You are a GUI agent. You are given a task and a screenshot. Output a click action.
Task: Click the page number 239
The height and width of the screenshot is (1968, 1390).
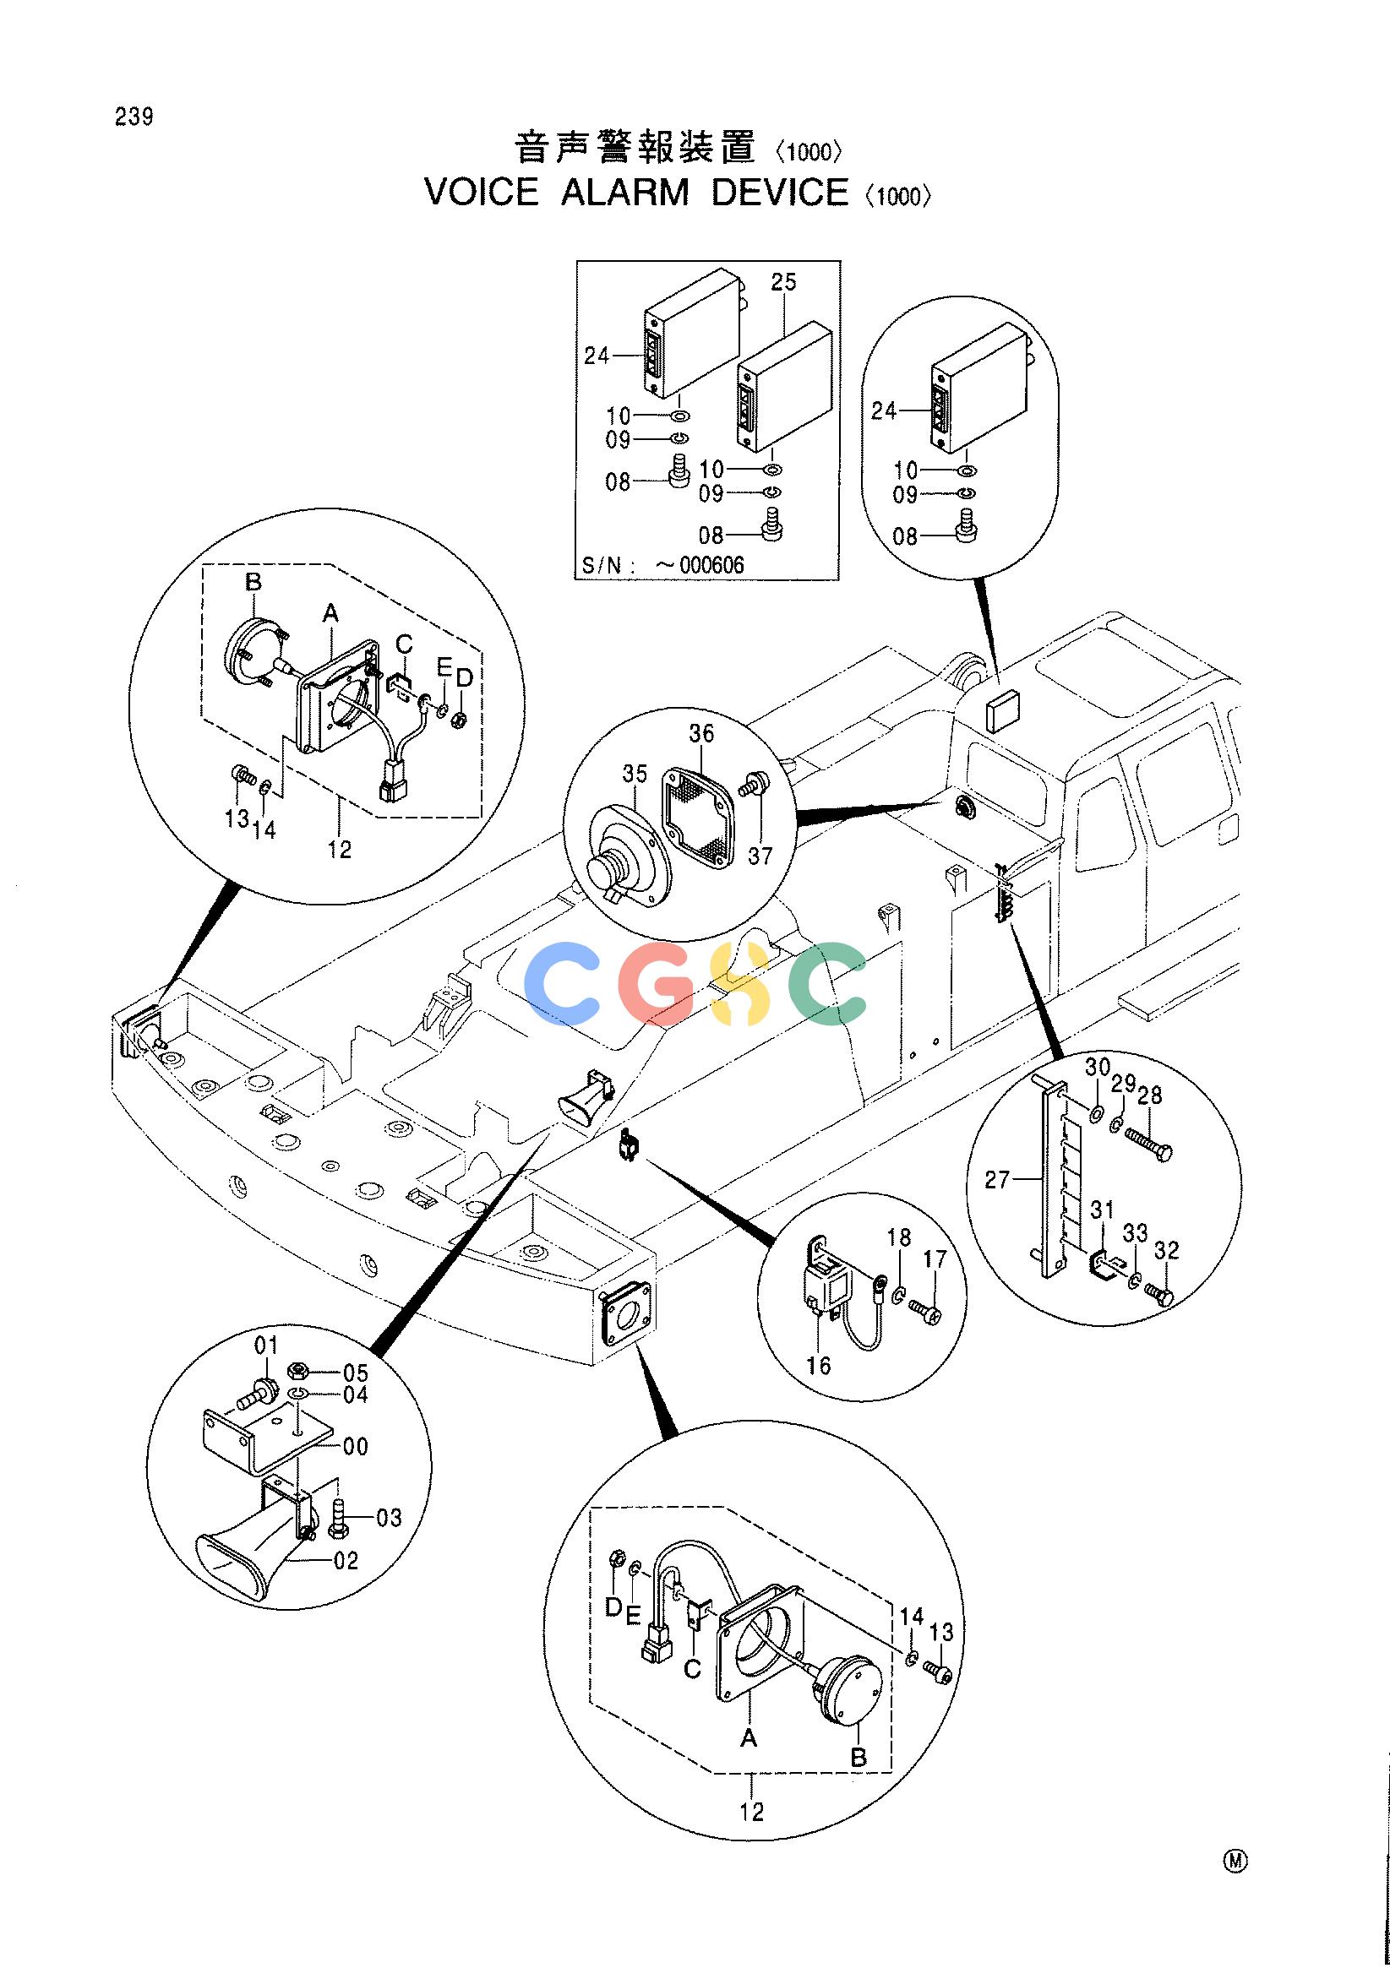(134, 117)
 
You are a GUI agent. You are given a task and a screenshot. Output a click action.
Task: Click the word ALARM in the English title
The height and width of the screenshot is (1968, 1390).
(624, 192)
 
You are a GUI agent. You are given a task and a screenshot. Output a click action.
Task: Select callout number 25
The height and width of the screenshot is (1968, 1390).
(784, 282)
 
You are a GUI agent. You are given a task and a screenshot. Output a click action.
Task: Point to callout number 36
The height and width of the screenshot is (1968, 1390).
(701, 734)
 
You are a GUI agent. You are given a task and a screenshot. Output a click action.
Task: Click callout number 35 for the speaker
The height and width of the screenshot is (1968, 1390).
(635, 775)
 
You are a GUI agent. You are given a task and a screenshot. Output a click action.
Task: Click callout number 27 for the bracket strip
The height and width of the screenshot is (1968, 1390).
(997, 1180)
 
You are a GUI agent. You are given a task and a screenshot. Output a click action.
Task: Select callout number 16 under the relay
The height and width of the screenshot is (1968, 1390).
(819, 1366)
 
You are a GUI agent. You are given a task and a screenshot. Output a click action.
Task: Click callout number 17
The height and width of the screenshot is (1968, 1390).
(935, 1259)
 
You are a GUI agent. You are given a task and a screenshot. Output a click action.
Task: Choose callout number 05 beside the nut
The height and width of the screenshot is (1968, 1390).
(355, 1373)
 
